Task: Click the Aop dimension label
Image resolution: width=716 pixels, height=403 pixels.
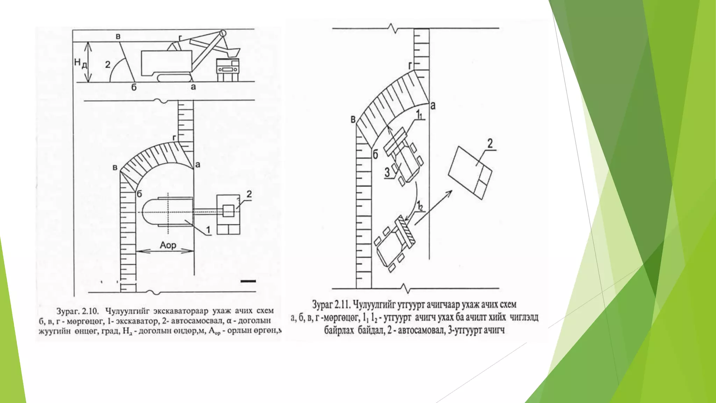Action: [x=168, y=245]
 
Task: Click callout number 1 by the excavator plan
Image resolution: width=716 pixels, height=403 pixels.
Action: [x=208, y=229]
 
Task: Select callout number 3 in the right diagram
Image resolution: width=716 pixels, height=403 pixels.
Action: [x=387, y=172]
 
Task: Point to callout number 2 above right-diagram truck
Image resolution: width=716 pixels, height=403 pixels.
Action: [x=490, y=143]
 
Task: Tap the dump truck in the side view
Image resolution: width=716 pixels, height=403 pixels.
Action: [x=228, y=70]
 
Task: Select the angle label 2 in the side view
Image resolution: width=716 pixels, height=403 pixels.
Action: [x=108, y=64]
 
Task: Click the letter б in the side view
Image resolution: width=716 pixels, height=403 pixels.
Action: [x=134, y=87]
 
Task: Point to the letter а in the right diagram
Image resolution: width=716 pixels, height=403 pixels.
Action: [x=433, y=105]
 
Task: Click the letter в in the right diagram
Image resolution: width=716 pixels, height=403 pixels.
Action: [x=353, y=120]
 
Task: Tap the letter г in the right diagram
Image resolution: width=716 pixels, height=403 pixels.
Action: [x=410, y=65]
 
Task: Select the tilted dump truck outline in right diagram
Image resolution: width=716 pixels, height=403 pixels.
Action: [x=470, y=173]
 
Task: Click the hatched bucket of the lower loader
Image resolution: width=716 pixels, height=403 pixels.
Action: [x=406, y=231]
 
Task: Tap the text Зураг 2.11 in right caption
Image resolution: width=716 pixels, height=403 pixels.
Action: [x=331, y=304]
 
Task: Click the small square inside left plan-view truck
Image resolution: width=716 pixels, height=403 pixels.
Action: [x=228, y=211]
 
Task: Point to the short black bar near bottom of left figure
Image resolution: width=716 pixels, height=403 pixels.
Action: [x=248, y=281]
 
